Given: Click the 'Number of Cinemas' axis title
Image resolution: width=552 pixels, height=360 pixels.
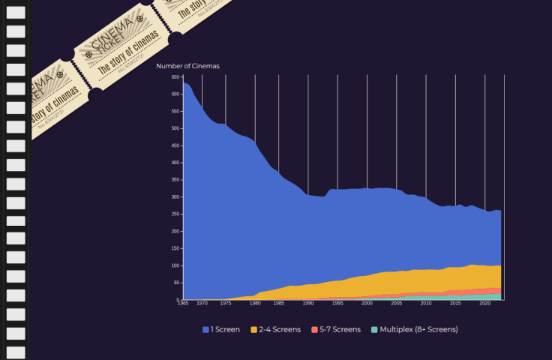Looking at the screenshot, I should (187, 66).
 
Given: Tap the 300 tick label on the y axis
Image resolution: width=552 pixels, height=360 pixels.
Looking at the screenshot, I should (175, 197).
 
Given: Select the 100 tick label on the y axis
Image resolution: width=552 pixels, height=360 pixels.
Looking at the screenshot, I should (175, 265).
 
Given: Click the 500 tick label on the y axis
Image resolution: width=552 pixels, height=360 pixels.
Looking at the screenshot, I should (175, 128).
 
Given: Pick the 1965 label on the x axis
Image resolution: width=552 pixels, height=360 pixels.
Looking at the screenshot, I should (182, 304).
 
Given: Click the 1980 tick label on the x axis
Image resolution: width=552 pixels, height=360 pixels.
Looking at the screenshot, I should (255, 304).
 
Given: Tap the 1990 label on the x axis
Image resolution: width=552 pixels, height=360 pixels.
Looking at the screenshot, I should (307, 304).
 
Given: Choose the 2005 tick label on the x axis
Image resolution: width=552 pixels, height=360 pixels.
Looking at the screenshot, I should (396, 304).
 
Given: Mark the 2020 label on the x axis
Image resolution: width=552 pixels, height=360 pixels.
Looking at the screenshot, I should (484, 304).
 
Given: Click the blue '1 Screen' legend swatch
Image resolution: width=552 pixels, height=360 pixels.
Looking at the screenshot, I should (206, 329).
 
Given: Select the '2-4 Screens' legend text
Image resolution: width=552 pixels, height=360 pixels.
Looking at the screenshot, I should (280, 329).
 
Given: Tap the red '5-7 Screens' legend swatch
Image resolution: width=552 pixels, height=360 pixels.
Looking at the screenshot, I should (315, 329).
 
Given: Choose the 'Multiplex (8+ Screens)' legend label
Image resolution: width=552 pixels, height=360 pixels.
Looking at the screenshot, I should (418, 329).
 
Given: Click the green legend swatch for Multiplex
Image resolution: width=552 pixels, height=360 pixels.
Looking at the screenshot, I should (375, 329).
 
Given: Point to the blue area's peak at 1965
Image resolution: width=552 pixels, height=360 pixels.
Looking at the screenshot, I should (184, 84).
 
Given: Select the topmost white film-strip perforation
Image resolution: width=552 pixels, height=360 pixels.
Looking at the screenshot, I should (16, 13).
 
